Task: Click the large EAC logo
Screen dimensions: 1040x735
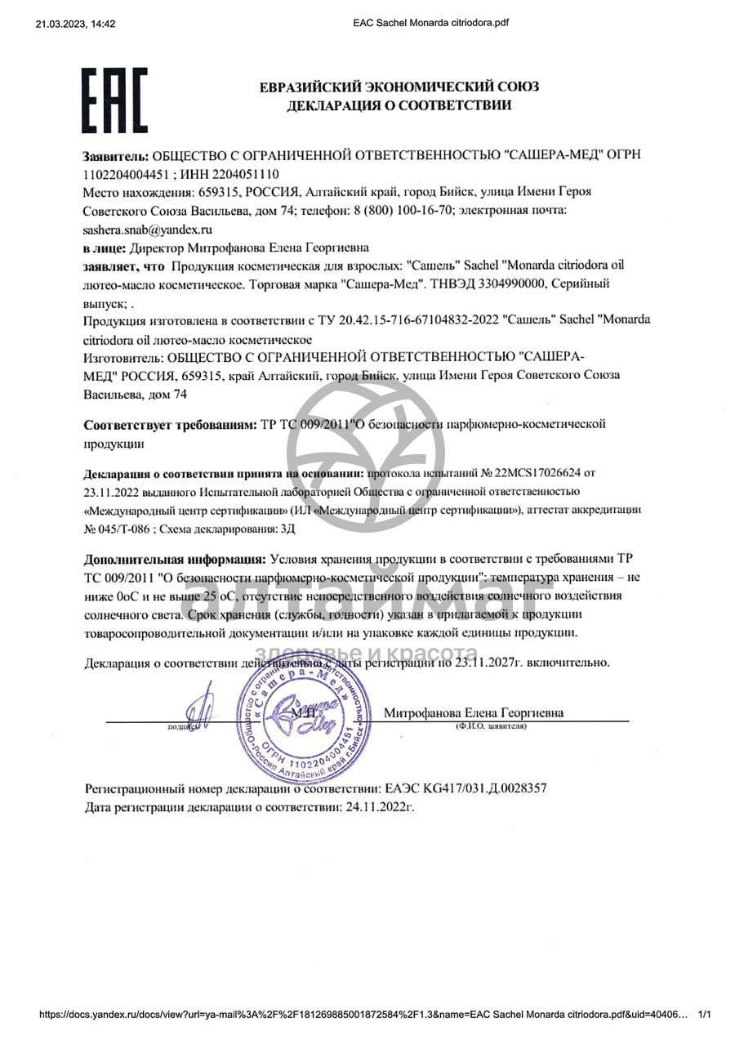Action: [x=114, y=100]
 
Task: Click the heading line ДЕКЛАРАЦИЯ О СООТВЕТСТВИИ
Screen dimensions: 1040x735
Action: [x=399, y=105]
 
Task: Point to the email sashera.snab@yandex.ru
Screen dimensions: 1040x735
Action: [x=148, y=230]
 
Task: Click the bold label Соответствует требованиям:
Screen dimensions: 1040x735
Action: [x=171, y=426]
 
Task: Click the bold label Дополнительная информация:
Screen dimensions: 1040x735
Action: [x=175, y=560]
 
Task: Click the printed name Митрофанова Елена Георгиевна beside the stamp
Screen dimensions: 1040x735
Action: [x=474, y=712]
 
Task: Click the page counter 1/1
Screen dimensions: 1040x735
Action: [x=706, y=1015]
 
